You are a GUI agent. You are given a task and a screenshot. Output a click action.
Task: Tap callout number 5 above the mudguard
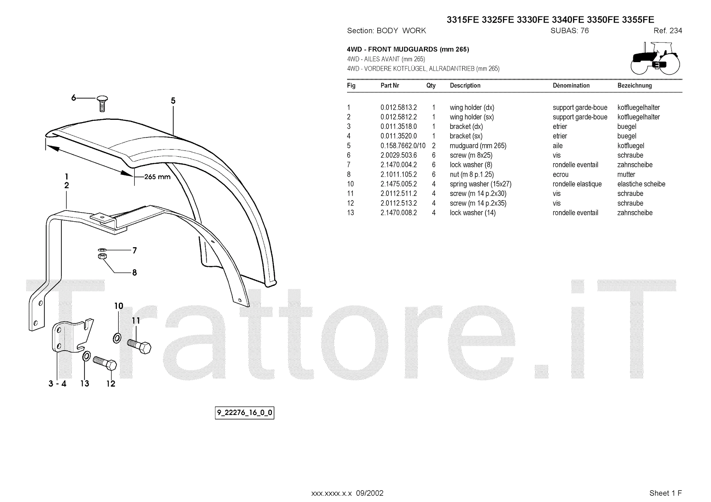coord(173,101)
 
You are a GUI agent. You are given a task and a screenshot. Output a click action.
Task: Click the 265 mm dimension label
coord(157,177)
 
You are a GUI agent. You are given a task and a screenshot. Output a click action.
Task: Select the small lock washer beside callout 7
coord(101,250)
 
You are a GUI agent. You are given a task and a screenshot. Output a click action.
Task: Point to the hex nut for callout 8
coord(101,257)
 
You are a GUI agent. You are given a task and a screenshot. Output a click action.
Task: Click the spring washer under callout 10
coord(117,338)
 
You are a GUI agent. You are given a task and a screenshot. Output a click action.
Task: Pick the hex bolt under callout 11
coord(139,345)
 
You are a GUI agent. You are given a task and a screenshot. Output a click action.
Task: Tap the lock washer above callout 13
coord(86,356)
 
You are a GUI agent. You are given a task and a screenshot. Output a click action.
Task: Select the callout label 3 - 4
coord(57,383)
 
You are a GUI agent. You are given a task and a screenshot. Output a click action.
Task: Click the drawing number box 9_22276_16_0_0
coord(244,413)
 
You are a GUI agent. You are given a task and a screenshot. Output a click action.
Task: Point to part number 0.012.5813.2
coord(399,107)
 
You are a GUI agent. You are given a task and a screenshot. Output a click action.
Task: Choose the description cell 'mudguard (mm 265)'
coord(478,146)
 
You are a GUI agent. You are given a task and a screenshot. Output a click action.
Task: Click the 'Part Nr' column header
coord(390,85)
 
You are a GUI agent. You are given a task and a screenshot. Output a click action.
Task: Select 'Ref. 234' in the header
coord(667,31)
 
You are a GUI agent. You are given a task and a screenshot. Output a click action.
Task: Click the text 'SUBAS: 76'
coord(569,31)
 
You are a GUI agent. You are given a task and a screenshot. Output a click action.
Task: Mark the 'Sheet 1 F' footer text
coord(665,493)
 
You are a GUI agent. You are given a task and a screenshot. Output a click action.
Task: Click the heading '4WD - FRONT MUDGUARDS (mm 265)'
coord(407,49)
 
